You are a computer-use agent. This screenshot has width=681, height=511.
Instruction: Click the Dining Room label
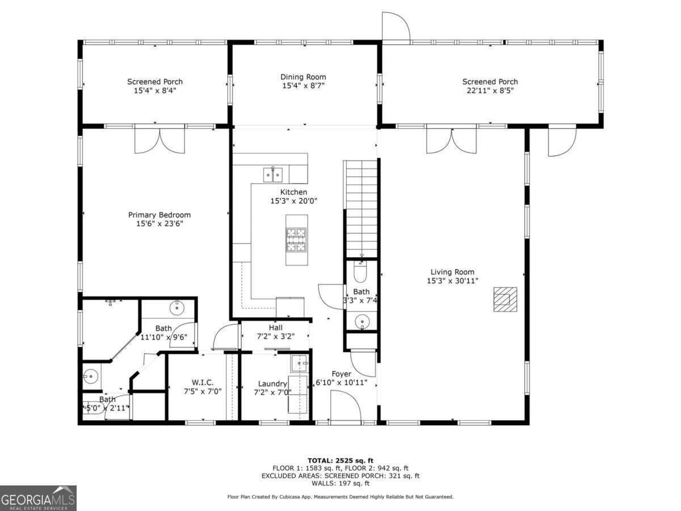(x=303, y=77)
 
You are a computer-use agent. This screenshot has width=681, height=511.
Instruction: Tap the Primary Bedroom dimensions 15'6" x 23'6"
(x=159, y=223)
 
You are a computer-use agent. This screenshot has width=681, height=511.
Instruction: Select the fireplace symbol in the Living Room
(x=506, y=299)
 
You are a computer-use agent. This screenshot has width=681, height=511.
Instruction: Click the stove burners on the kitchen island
(x=296, y=240)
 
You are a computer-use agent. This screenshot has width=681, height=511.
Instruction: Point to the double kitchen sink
(x=273, y=175)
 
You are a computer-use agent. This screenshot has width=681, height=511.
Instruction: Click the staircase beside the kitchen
(x=361, y=209)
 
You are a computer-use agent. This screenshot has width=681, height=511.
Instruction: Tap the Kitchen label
(x=293, y=192)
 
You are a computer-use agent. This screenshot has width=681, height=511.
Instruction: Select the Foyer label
(x=341, y=374)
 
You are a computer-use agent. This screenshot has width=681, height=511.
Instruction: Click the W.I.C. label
(x=203, y=383)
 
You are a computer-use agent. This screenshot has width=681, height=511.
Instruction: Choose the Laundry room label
(x=272, y=384)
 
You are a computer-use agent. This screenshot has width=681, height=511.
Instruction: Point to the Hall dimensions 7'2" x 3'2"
(x=275, y=336)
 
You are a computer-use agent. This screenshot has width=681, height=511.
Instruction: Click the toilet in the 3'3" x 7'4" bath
(x=360, y=272)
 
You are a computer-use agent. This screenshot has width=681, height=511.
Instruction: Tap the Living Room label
(x=452, y=272)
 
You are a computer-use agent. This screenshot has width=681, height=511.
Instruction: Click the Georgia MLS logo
(x=38, y=498)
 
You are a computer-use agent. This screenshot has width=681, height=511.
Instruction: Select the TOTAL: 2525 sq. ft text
(x=340, y=460)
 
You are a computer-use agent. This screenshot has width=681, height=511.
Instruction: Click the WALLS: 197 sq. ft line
(x=340, y=483)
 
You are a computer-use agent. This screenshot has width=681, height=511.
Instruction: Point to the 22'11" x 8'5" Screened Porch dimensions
(x=490, y=91)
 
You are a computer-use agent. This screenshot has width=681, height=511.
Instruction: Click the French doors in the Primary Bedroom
(x=160, y=140)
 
